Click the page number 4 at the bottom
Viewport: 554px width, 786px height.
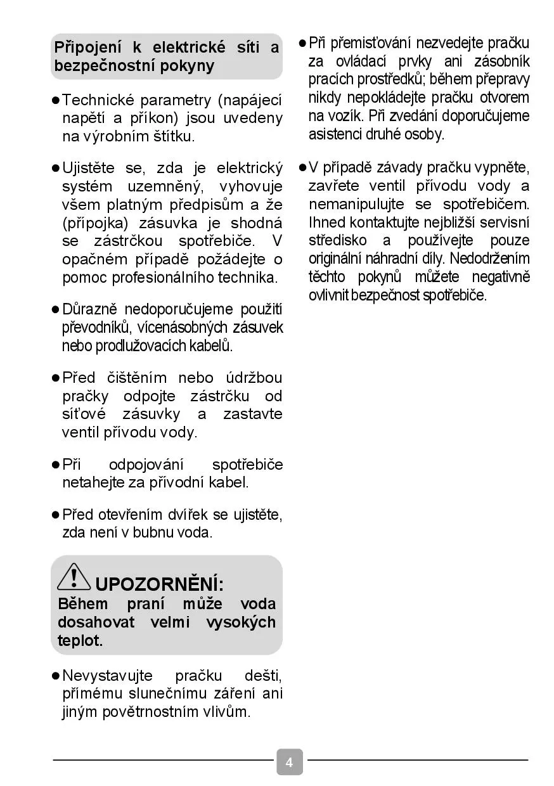pyautogui.click(x=289, y=762)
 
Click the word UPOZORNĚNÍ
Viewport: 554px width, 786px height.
pyautogui.click(x=159, y=584)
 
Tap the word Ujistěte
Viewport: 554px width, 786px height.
pyautogui.click(x=89, y=169)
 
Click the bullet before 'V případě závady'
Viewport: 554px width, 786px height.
pyautogui.click(x=302, y=168)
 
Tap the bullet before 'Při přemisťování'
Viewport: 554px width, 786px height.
pyautogui.click(x=302, y=43)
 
